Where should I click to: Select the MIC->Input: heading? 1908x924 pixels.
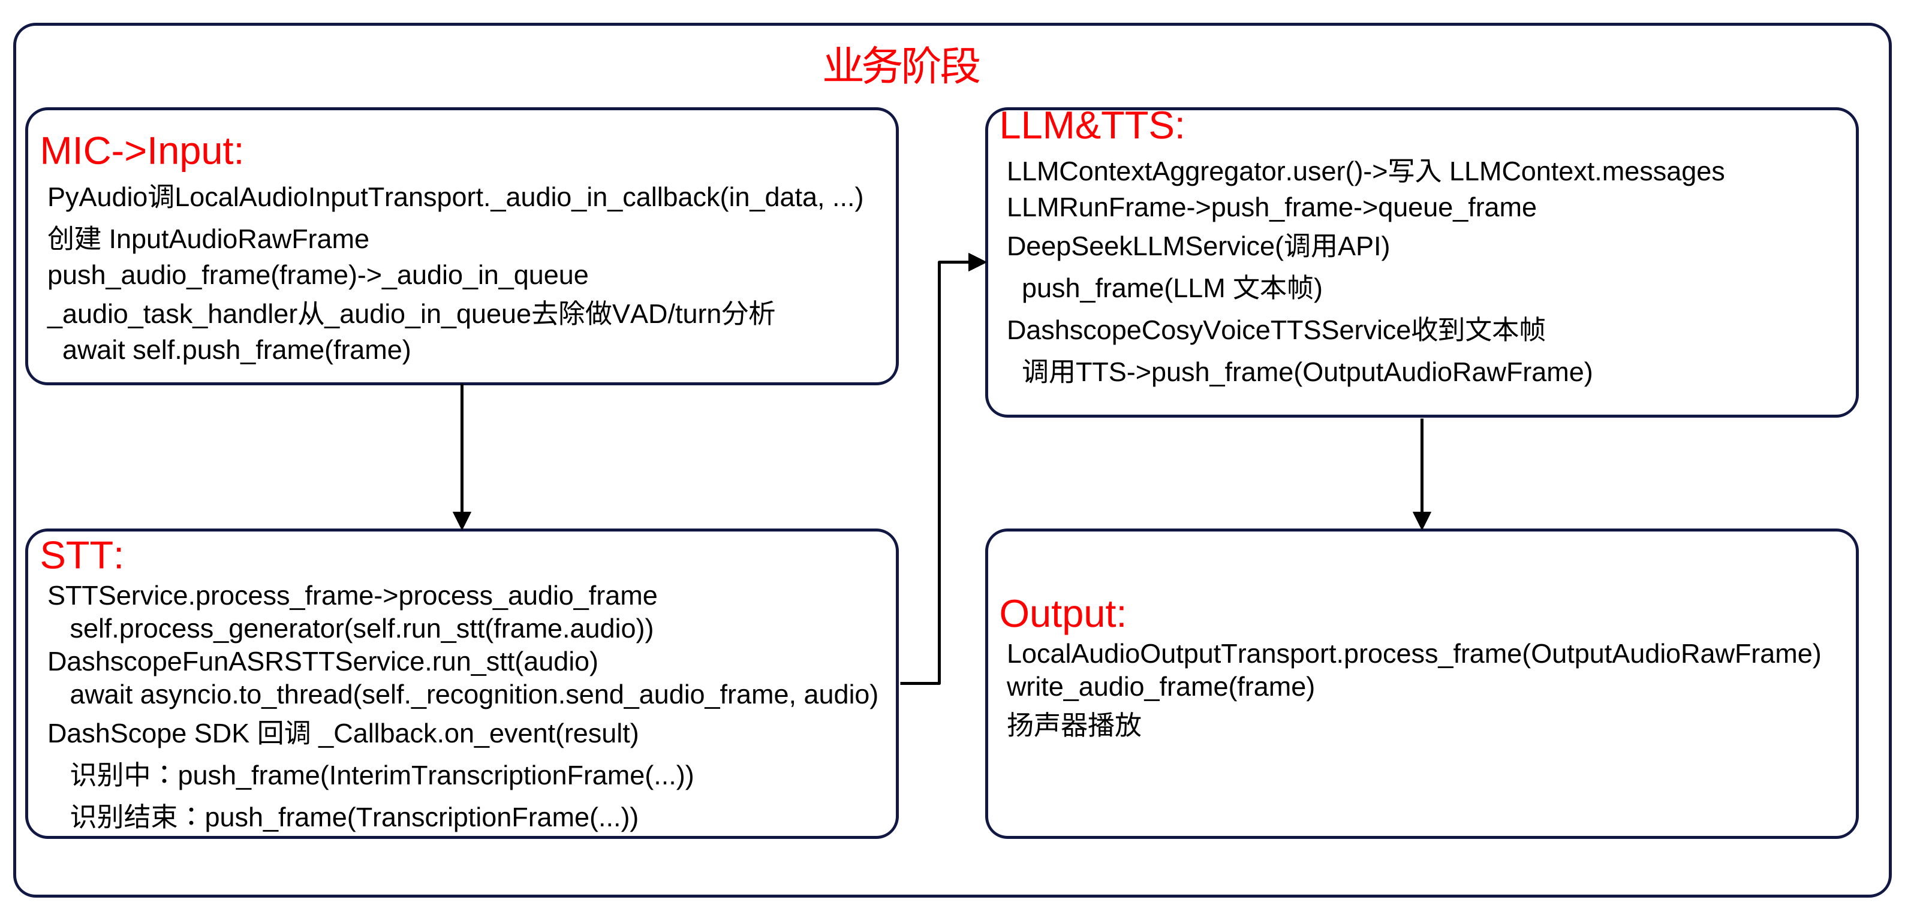[142, 151]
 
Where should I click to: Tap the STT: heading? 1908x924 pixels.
[82, 555]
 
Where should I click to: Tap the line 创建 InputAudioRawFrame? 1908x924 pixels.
[208, 239]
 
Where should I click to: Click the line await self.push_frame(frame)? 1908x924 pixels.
[236, 350]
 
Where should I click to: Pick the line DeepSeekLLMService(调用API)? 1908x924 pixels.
[1197, 246]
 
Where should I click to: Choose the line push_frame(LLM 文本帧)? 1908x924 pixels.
[1171, 288]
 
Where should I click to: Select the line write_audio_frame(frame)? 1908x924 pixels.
[1160, 687]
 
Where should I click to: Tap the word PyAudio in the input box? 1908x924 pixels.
[97, 198]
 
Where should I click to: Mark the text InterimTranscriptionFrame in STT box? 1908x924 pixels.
[486, 776]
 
